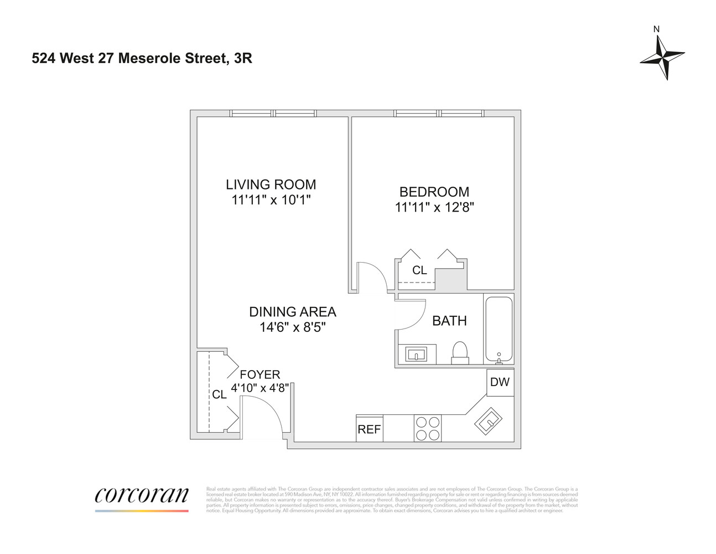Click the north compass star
point(662,57)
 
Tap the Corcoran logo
point(142,495)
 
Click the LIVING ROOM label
point(271,184)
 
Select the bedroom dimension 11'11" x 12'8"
point(434,207)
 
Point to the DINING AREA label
point(292,312)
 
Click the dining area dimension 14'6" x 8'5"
point(292,327)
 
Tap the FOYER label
point(260,375)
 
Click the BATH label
point(449,321)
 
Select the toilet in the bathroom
point(460,352)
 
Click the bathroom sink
point(416,354)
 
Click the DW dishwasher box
point(500,382)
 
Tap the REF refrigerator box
point(369,429)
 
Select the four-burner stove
point(428,428)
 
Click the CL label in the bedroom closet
point(419,270)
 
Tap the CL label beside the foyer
point(219,394)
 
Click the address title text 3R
point(243,58)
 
